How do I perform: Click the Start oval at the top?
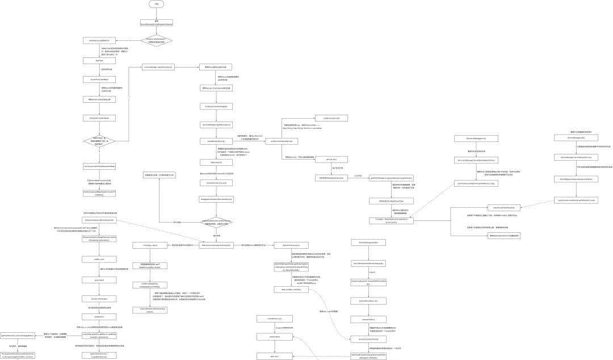pyautogui.click(x=156, y=4)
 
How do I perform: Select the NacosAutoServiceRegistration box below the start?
pyautogui.click(x=156, y=23)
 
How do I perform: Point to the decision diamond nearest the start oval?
pyautogui.click(x=156, y=41)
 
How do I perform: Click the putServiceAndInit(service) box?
pyautogui.click(x=281, y=141)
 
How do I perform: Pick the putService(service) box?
pyautogui.click(x=331, y=118)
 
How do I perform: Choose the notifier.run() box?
pyautogui.click(x=99, y=259)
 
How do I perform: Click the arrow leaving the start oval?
pyautogui.click(x=156, y=14)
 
